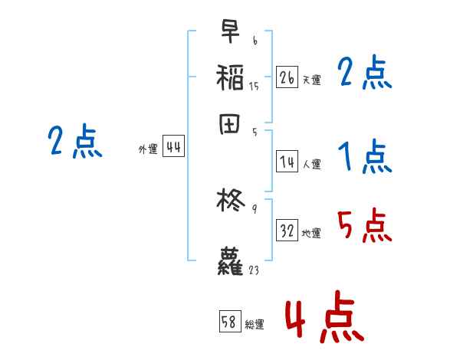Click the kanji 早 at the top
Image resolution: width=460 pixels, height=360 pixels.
click(229, 33)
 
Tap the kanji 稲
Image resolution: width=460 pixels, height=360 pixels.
click(230, 77)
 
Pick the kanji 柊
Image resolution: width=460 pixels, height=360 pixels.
click(230, 201)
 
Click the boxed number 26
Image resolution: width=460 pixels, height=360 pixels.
click(287, 77)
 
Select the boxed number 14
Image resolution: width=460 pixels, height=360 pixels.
click(287, 162)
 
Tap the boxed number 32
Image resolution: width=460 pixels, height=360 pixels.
click(287, 231)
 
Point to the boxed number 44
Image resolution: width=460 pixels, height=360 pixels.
click(173, 148)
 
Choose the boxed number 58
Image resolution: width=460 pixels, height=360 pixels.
click(230, 322)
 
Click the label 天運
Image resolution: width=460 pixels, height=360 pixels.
click(311, 80)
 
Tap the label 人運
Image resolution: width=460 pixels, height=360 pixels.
click(311, 164)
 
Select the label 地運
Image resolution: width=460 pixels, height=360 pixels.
click(311, 234)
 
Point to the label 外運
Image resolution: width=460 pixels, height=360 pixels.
click(147, 150)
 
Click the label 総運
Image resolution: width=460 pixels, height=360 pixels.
click(255, 325)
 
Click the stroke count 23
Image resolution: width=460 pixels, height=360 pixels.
click(255, 269)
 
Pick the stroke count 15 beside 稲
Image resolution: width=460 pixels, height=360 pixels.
click(254, 87)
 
